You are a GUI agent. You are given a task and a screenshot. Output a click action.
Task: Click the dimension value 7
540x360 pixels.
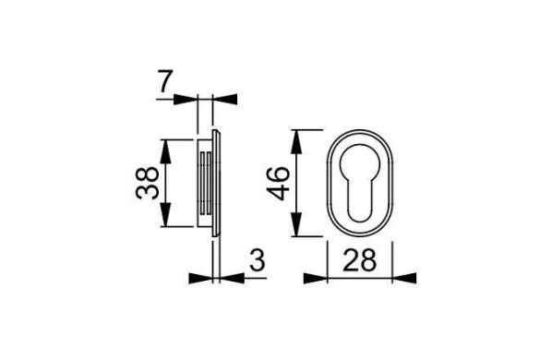[163, 83]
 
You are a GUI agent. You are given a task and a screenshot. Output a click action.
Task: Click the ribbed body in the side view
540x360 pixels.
[206, 183]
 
